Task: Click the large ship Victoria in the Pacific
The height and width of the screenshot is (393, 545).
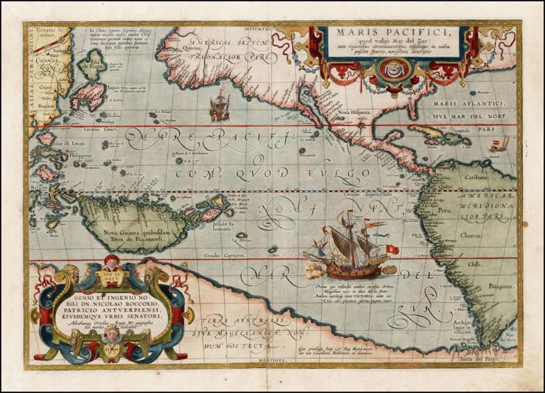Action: [x=346, y=245]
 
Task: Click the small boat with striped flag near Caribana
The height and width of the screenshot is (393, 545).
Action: [x=498, y=145]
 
